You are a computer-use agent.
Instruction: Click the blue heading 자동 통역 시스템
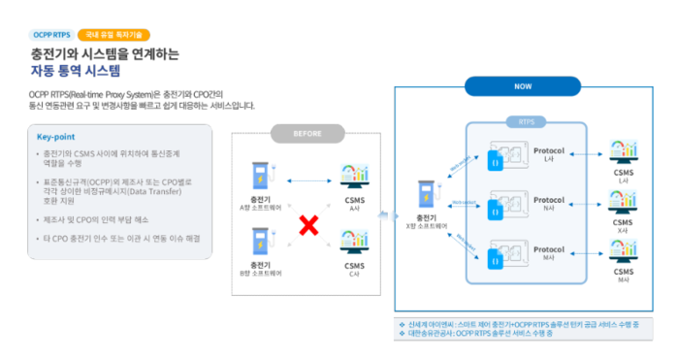point(75,71)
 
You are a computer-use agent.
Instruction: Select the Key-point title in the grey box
point(56,137)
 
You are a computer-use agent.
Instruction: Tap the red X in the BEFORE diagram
point(308,227)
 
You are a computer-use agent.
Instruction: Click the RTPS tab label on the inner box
point(527,123)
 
